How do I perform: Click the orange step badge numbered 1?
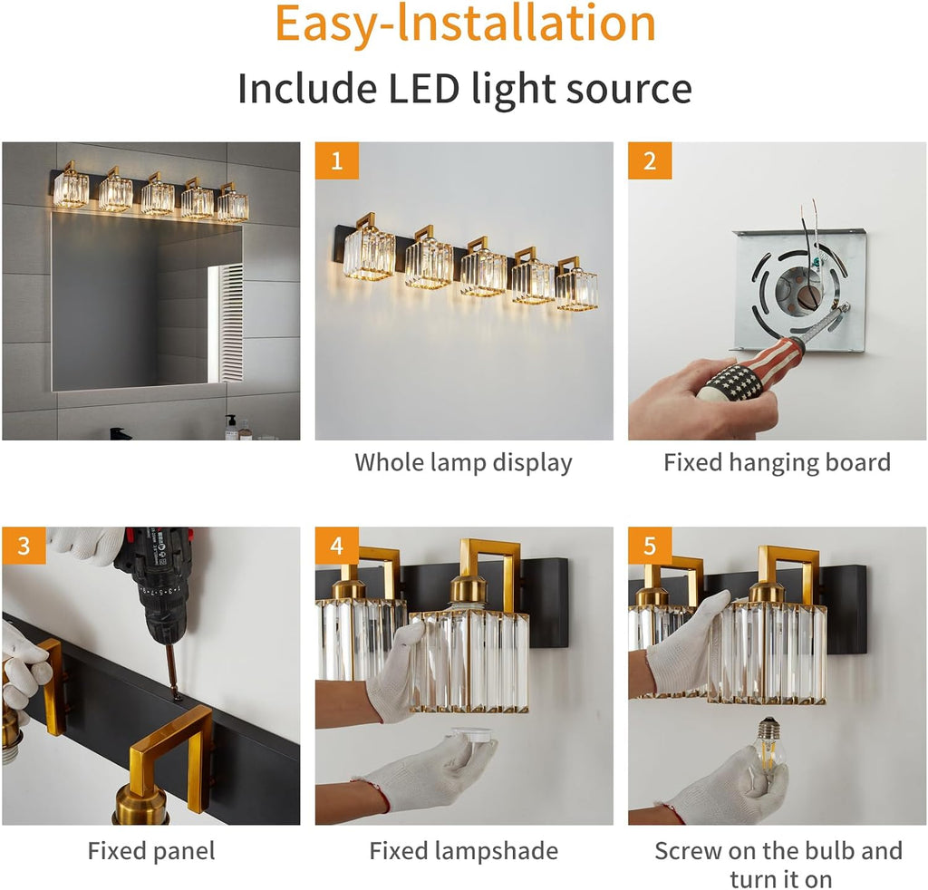click(x=337, y=160)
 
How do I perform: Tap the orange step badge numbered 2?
click(x=650, y=160)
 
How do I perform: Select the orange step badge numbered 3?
click(x=24, y=545)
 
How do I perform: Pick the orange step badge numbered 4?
click(x=337, y=545)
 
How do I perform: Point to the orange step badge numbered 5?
click(x=650, y=545)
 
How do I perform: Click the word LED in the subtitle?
click(x=424, y=89)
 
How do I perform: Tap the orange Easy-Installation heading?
click(x=465, y=24)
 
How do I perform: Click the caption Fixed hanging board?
click(x=777, y=462)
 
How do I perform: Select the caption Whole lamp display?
click(x=463, y=463)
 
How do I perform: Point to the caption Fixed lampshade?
click(x=463, y=851)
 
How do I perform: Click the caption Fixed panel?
click(x=151, y=851)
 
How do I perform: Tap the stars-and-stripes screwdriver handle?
click(x=748, y=371)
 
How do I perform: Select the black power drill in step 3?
click(x=156, y=580)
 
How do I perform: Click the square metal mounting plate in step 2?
click(x=799, y=290)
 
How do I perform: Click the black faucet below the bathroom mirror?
click(x=121, y=433)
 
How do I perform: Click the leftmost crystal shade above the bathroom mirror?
click(x=71, y=188)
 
